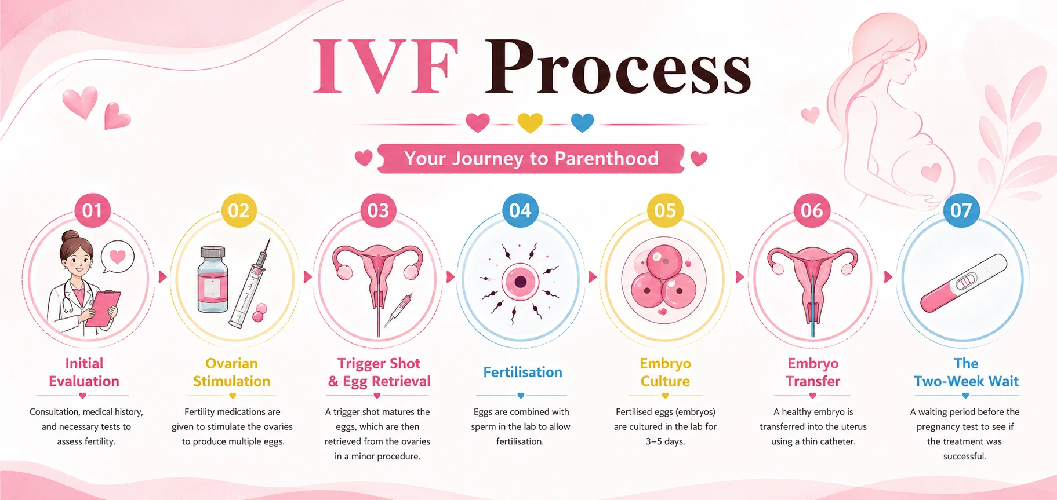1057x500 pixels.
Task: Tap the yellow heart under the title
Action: pos(530,122)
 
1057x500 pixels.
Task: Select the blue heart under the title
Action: pos(582,122)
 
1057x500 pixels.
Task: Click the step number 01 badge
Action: pos(92,210)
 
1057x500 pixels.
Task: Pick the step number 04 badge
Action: pos(520,210)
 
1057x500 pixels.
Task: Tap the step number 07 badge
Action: pos(961,210)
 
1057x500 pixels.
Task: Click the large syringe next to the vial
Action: pos(250,284)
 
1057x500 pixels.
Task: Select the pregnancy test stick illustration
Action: pos(964,283)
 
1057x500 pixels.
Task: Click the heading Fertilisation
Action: pos(523,372)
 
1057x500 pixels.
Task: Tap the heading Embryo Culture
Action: pos(665,372)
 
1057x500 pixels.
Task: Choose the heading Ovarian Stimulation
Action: pos(231,372)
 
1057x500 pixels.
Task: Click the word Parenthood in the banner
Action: pos(606,158)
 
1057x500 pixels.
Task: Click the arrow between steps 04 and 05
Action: pos(592,277)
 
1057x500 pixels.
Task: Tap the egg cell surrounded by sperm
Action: pos(520,282)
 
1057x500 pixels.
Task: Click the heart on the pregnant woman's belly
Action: pos(931,172)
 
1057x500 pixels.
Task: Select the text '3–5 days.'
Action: pos(665,441)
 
